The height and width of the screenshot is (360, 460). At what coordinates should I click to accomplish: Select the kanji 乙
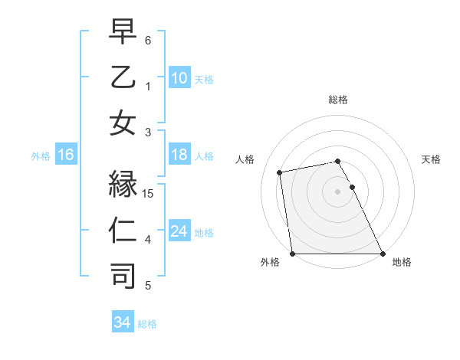pos(123,78)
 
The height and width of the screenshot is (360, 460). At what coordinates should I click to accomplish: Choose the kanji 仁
pos(123,231)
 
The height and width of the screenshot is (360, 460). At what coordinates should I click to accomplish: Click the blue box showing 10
pos(179,77)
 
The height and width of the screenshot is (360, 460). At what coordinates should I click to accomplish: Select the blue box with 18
pos(179,155)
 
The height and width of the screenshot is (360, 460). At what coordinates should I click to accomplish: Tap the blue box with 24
pos(179,231)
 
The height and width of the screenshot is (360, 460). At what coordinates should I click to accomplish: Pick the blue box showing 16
pos(66,155)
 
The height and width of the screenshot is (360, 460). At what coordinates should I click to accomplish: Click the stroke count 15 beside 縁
pos(149,194)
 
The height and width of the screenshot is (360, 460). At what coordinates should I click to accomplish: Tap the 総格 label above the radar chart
pos(337,100)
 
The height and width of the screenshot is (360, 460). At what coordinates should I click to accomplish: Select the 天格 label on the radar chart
pos(432,159)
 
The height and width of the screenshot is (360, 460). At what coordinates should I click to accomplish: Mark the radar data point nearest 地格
pos(382,254)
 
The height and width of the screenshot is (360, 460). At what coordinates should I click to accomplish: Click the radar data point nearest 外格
pos(292,254)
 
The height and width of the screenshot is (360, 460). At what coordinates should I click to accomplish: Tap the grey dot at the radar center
pos(337,191)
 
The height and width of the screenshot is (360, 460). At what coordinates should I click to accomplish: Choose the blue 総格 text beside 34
pos(148,324)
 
